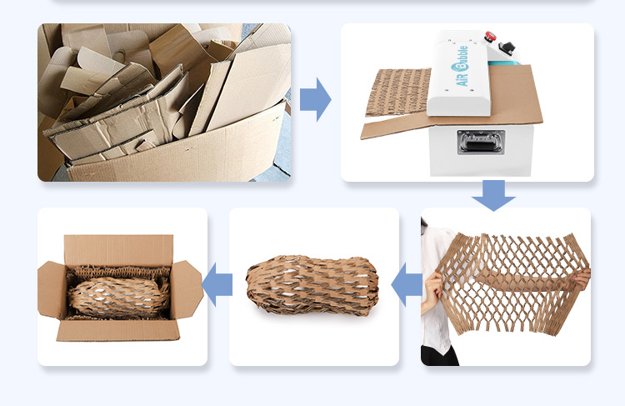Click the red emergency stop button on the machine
pyautogui.click(x=490, y=37)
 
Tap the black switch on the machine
pyautogui.click(x=507, y=47)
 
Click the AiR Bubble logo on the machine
pyautogui.click(x=460, y=66)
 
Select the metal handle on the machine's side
pyautogui.click(x=481, y=143)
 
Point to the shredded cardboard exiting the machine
pyautogui.click(x=397, y=92)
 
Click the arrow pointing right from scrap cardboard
pyautogui.click(x=315, y=99)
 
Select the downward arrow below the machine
pyautogui.click(x=493, y=195)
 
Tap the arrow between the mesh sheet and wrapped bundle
pyautogui.click(x=407, y=284)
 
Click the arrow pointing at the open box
pyautogui.click(x=217, y=284)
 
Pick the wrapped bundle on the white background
pyautogui.click(x=312, y=286)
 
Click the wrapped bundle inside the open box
pyautogui.click(x=119, y=297)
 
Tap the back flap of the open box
pyautogui.click(x=119, y=250)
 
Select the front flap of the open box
pyautogui.click(x=118, y=331)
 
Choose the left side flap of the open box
pyautogui.click(x=52, y=289)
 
